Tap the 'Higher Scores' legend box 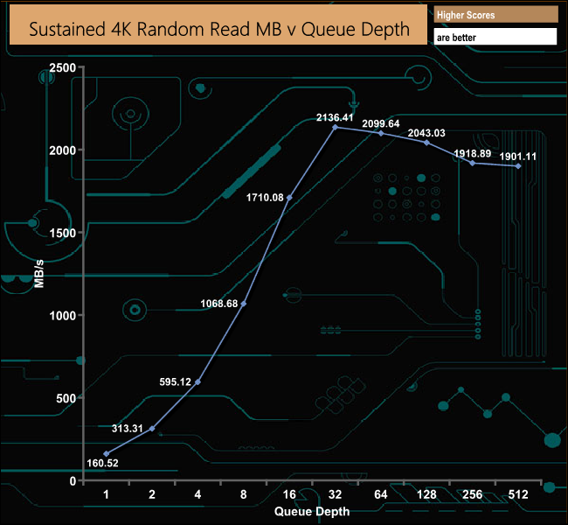coord(495,14)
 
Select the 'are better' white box coord(495,38)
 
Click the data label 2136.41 coord(336,116)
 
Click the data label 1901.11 coord(518,156)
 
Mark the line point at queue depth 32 coord(336,128)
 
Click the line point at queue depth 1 coord(107,454)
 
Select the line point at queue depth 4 coord(198,382)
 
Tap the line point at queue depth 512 coord(519,166)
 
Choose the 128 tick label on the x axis coord(426,495)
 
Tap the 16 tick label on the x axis coord(290,495)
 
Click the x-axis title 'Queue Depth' coord(312,511)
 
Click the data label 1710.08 coord(266,198)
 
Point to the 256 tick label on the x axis coord(473,495)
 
